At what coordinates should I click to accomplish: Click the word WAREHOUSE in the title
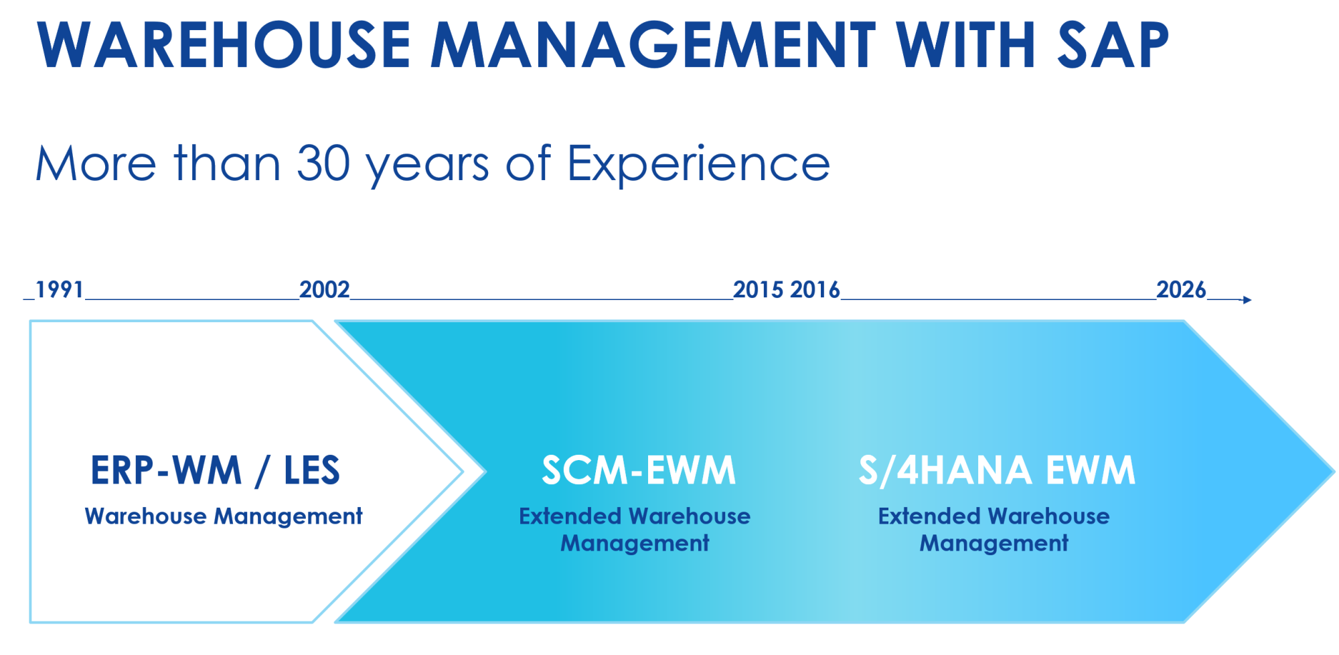coord(224,45)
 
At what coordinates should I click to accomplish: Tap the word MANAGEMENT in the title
coord(653,45)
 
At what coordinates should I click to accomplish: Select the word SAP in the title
coord(1113,45)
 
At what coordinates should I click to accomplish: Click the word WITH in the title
coord(966,45)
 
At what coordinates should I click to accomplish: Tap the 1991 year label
coord(60,289)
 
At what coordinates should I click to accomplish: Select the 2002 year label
coord(325,289)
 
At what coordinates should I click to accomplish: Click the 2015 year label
coord(759,289)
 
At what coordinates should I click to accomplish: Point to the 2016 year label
coord(815,289)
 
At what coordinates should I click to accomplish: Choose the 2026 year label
coord(1181,289)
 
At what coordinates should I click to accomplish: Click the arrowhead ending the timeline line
coord(1247,299)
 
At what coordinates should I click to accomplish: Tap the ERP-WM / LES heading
coord(216,470)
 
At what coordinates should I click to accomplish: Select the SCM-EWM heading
coord(639,470)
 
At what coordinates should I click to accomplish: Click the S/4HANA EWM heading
coord(998,470)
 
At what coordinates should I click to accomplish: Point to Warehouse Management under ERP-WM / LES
coord(224,516)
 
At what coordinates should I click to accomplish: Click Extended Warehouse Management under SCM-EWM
coord(635,530)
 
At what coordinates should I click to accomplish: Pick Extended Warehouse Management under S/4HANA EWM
coord(994,530)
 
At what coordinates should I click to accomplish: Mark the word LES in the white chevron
coord(312,470)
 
